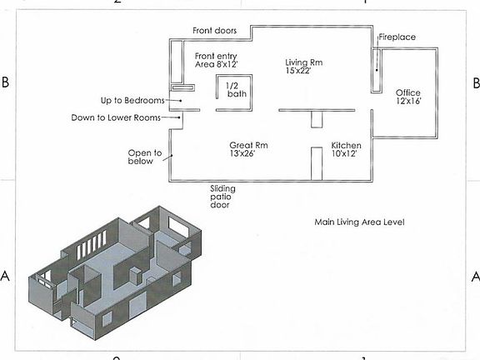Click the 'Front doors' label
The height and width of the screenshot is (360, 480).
point(215,31)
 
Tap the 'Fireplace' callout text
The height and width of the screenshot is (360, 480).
point(397,37)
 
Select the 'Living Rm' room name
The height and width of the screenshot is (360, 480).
point(303,62)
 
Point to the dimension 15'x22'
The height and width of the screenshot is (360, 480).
point(298,71)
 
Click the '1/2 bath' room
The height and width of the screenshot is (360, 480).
point(237,90)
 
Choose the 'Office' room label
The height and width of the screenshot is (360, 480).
point(407,92)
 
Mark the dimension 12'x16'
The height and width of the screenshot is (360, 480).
point(408,101)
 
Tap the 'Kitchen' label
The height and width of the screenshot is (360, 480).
point(346,145)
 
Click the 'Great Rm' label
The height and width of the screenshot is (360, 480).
point(248,145)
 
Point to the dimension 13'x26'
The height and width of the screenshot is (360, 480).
point(242,153)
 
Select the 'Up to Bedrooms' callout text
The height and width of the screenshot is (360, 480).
point(132,100)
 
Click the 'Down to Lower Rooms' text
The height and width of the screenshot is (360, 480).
point(116,117)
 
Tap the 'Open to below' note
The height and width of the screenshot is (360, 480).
point(145,157)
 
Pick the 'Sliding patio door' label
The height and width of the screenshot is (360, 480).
point(222,197)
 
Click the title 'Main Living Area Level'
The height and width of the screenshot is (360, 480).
point(359,222)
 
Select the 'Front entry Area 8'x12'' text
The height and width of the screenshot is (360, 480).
point(216,60)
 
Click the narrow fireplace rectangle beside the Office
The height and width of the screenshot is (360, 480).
point(377,70)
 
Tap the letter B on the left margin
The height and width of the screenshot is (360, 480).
point(6,82)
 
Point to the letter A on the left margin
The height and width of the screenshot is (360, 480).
point(5,276)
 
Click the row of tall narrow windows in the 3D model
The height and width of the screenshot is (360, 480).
point(91,244)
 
